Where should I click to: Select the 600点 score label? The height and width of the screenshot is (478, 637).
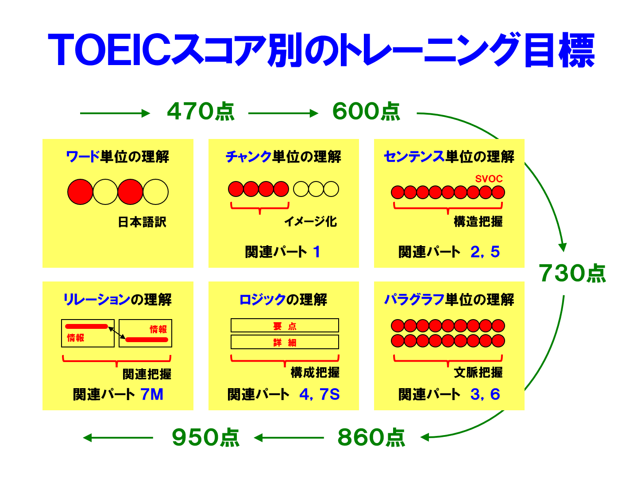366,111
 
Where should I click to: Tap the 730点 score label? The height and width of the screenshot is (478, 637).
572,273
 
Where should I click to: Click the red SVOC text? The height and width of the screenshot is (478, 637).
489,179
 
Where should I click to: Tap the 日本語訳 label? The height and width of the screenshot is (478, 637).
142,222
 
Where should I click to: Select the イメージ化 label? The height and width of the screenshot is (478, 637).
310,221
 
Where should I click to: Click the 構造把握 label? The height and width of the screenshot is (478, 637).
478,221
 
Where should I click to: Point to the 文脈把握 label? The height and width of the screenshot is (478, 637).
478,372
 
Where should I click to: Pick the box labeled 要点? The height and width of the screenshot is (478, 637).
285,325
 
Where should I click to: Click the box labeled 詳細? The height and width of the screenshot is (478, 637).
285,342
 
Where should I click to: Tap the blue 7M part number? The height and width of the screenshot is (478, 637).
152,394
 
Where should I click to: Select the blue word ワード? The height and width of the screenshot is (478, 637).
83,157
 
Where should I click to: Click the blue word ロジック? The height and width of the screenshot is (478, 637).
263,299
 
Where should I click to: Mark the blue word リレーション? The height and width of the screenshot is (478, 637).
97,299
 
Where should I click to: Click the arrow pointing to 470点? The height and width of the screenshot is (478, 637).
115,113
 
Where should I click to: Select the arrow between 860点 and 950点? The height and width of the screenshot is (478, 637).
289,438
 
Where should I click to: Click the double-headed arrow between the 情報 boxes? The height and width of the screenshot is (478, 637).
117,333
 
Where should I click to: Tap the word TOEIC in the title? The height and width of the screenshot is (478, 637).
109,49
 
